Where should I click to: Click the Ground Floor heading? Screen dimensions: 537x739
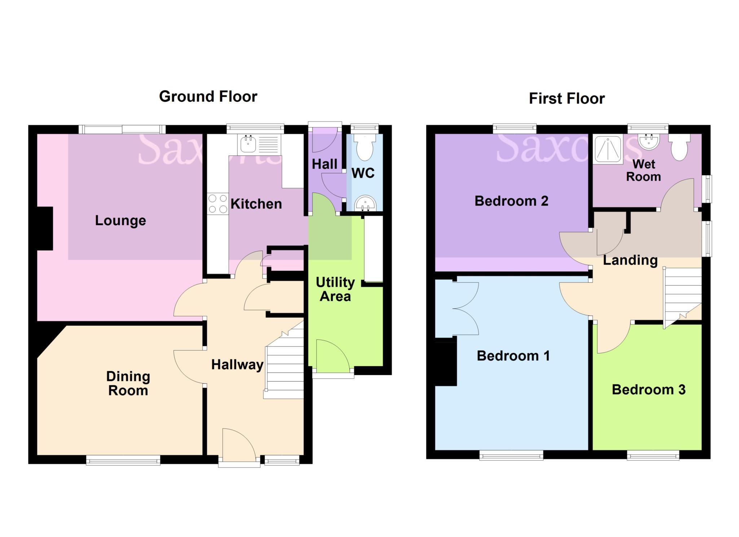(208, 97)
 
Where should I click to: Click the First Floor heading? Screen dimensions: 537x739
(567, 98)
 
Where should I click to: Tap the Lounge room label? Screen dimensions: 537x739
(121, 220)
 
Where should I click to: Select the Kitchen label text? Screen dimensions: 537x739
(256, 204)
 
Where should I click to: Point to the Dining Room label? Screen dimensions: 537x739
(128, 383)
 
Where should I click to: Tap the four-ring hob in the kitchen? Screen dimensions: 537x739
(218, 204)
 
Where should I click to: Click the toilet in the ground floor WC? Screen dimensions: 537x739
(364, 148)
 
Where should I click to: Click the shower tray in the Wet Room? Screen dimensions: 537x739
(608, 149)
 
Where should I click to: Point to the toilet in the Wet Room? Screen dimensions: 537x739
(679, 148)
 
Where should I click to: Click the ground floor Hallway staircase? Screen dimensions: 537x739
(285, 364)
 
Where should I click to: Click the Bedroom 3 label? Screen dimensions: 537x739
(648, 390)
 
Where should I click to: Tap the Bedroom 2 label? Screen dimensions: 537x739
(511, 201)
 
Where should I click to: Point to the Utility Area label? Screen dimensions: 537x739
(335, 289)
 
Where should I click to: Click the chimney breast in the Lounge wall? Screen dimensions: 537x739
(45, 228)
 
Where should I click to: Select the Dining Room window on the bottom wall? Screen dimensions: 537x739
(123, 459)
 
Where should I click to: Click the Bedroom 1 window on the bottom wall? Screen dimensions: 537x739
(511, 455)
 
